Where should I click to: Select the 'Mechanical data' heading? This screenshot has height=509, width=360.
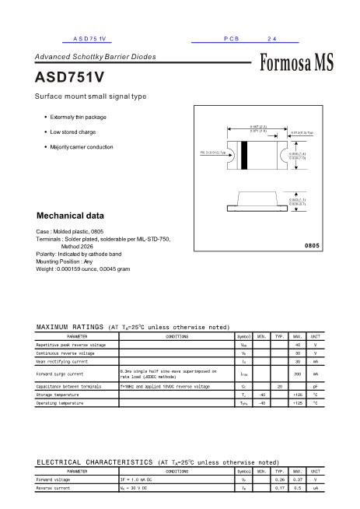[71, 216]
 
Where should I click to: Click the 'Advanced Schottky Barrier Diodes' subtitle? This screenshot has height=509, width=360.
[95, 57]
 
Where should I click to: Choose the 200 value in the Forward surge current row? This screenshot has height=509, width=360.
[297, 374]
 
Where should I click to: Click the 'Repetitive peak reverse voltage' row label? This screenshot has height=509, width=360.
[71, 344]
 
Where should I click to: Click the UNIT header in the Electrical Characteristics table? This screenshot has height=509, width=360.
[315, 471]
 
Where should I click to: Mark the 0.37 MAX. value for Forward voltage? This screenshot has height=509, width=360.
[297, 480]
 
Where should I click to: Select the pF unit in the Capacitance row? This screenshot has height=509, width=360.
[315, 386]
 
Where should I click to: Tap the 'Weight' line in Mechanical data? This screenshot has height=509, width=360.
[83, 269]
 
